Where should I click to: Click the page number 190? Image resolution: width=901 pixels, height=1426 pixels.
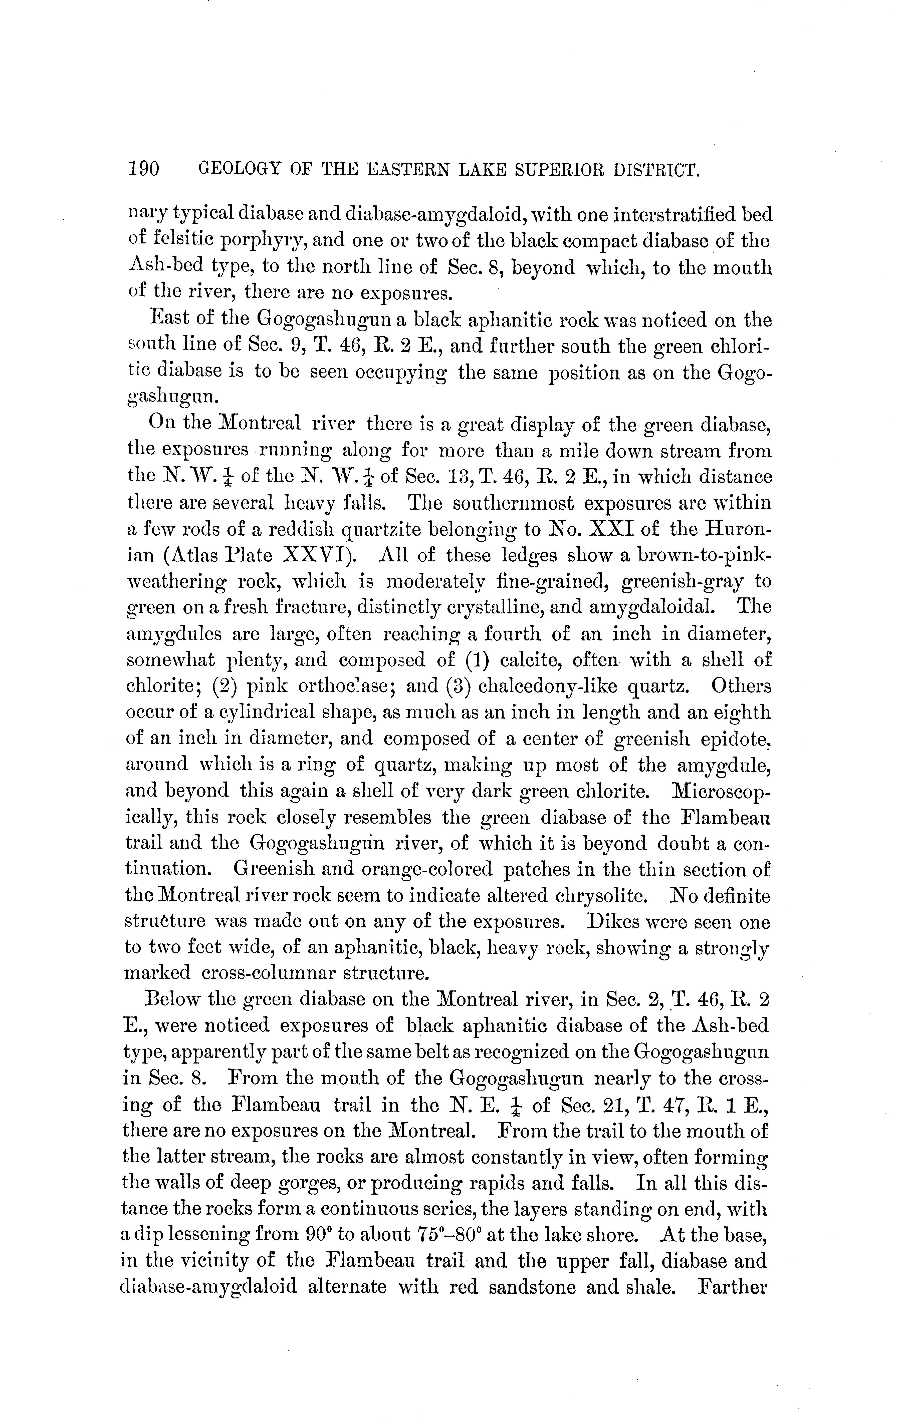(x=144, y=170)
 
